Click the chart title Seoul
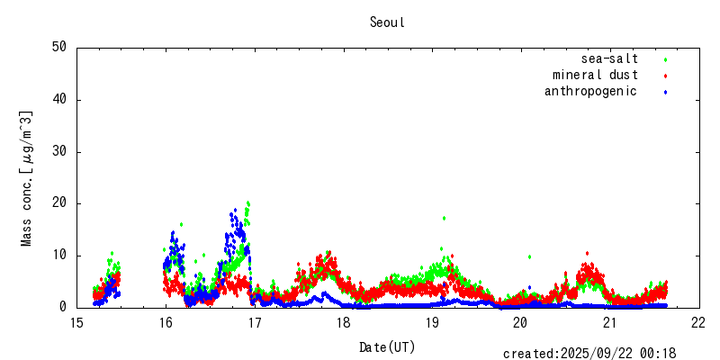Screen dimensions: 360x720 (x=387, y=22)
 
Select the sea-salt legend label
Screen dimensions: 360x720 (x=609, y=59)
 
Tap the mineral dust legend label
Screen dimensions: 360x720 (x=595, y=76)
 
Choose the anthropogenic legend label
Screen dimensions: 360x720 (x=590, y=92)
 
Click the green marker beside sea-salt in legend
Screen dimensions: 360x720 (x=665, y=59)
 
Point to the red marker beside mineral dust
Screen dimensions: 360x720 (x=665, y=76)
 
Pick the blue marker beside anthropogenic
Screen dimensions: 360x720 (x=665, y=92)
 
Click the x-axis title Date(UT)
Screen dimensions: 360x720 (x=387, y=346)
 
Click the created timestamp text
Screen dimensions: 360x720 (x=589, y=354)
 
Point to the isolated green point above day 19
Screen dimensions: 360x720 (x=444, y=218)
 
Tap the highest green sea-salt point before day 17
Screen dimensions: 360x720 (x=247, y=202)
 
